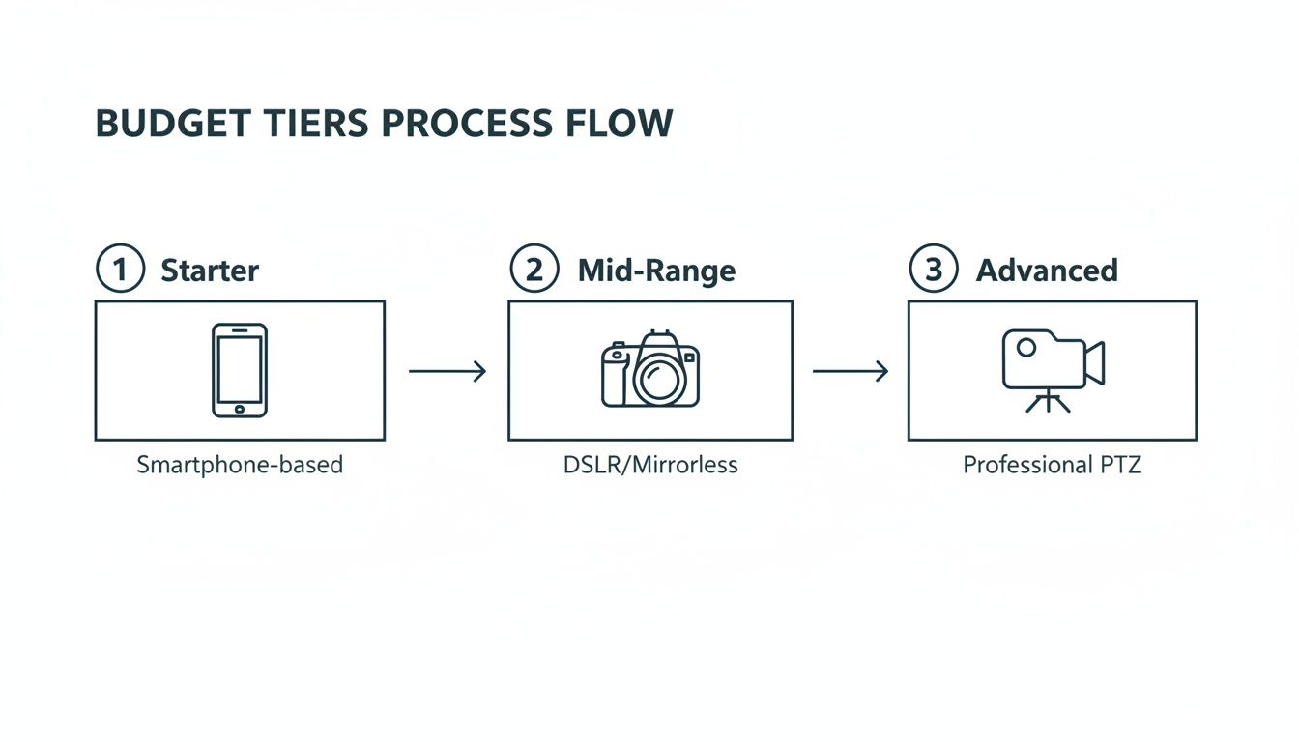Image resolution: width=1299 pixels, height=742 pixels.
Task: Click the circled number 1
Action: pyautogui.click(x=120, y=270)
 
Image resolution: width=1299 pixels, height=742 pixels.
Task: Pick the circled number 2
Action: pyautogui.click(x=534, y=270)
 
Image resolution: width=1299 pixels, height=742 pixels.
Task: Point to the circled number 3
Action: pyautogui.click(x=934, y=270)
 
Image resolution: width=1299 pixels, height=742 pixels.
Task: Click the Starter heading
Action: pyautogui.click(x=210, y=270)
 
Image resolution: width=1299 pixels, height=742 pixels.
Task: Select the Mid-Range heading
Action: pyautogui.click(x=656, y=270)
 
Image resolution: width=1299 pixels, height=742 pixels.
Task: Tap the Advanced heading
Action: pyautogui.click(x=1047, y=270)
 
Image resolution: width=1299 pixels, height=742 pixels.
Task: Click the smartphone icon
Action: pyautogui.click(x=240, y=370)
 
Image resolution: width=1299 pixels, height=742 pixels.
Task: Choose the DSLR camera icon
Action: pyautogui.click(x=650, y=370)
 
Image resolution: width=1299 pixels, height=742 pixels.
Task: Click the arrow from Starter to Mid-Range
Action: pyautogui.click(x=447, y=371)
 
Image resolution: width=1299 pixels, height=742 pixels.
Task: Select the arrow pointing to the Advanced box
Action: pyautogui.click(x=850, y=371)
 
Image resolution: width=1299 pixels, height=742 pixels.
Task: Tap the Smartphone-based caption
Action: pyautogui.click(x=240, y=465)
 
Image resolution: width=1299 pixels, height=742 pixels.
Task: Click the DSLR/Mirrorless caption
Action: pyautogui.click(x=650, y=465)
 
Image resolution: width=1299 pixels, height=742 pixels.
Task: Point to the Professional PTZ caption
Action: pyautogui.click(x=1052, y=465)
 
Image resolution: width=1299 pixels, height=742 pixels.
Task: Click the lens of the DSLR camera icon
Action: pyautogui.click(x=658, y=379)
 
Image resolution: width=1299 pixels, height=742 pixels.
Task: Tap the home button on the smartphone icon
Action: pyautogui.click(x=240, y=409)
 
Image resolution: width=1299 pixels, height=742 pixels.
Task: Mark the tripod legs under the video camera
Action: pyautogui.click(x=1048, y=402)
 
